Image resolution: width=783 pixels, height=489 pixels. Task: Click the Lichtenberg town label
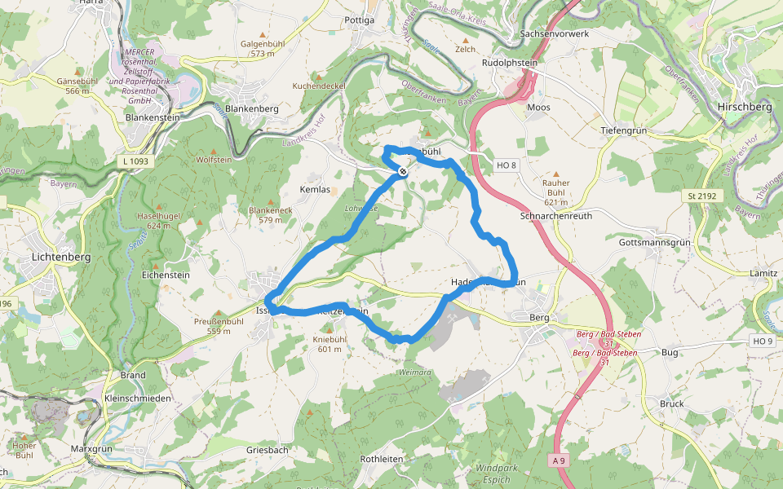[x=62, y=256]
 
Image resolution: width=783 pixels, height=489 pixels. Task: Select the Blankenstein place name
[x=153, y=117]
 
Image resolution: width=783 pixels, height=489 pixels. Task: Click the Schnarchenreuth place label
[x=556, y=216]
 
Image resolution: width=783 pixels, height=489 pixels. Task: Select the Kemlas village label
[x=315, y=189]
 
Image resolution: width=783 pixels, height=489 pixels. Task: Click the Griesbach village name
[x=268, y=450]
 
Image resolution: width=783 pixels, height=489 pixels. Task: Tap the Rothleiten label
[x=382, y=460]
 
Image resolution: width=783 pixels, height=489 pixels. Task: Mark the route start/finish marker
[x=403, y=172]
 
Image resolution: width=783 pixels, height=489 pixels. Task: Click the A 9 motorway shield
[x=559, y=461]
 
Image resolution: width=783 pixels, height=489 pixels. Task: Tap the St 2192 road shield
[x=696, y=196]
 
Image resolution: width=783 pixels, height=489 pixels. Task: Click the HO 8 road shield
[x=507, y=166]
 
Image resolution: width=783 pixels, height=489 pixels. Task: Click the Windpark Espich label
[x=496, y=474]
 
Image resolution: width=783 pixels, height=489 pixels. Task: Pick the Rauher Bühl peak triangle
[x=556, y=174]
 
